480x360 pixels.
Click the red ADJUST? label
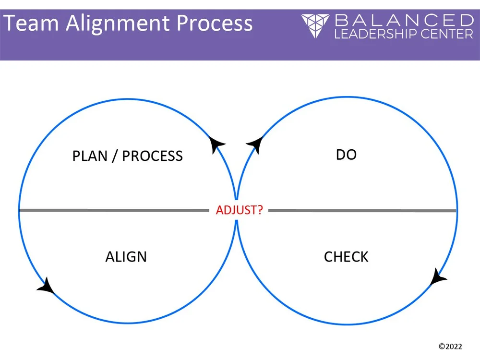click(x=239, y=210)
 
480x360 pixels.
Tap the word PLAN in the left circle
click(x=90, y=156)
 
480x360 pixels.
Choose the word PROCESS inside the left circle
click(x=152, y=156)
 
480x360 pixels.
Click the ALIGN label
click(x=126, y=257)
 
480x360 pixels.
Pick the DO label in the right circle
click(x=346, y=155)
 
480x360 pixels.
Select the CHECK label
click(x=346, y=257)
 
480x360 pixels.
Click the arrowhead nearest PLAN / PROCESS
click(x=217, y=144)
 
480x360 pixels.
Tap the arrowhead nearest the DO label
click(x=254, y=144)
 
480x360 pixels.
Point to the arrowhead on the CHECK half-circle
click(x=438, y=277)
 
